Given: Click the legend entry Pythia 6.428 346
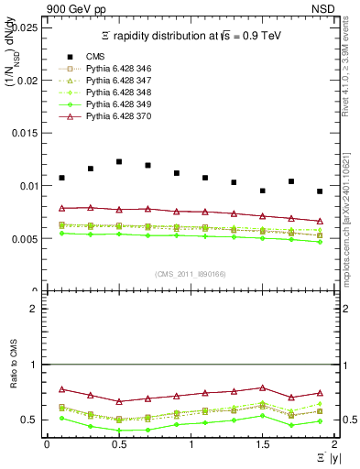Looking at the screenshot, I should click(110, 69).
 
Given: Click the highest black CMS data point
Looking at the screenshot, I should click(119, 161).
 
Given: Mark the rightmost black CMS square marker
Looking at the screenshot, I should click(320, 191).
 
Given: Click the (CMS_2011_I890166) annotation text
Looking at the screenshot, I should click(190, 274).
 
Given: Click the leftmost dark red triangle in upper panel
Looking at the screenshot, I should click(61, 208).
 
